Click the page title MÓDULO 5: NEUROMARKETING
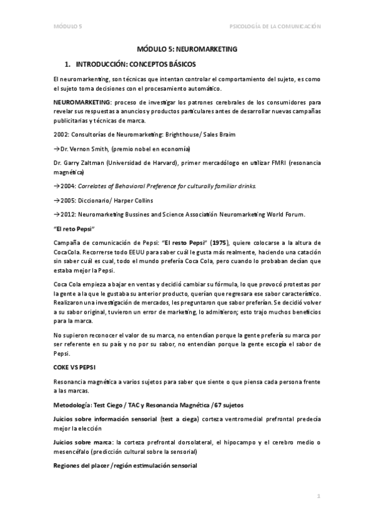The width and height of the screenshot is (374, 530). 187,48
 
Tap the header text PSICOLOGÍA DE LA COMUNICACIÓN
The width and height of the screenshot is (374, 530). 275,27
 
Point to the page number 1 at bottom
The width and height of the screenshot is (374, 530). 318,496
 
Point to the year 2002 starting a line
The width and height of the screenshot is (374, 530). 62,135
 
